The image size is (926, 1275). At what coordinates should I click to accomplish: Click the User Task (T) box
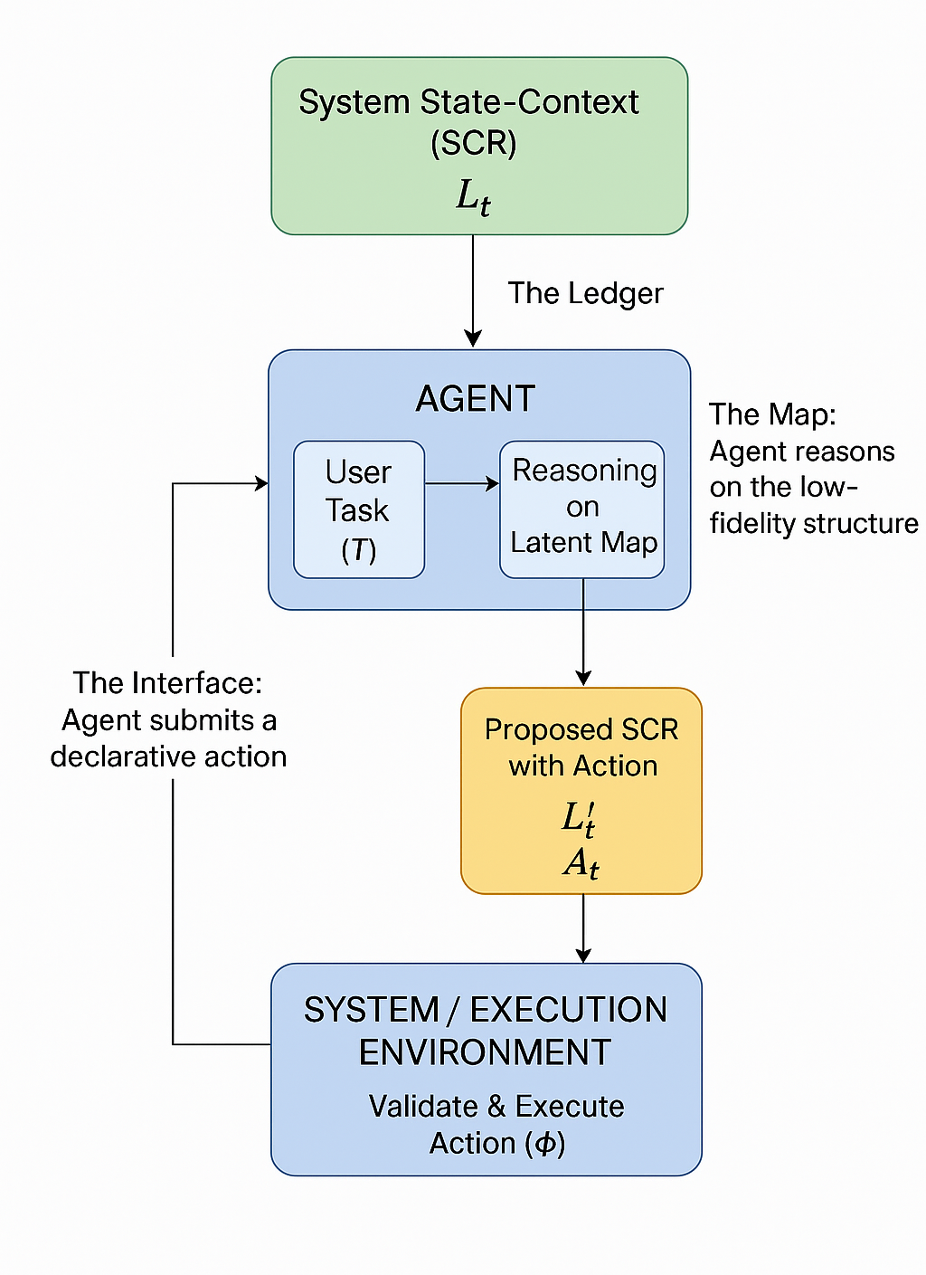click(x=359, y=509)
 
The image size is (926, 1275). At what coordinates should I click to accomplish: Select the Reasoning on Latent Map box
click(x=582, y=509)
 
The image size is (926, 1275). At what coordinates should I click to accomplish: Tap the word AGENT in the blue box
click(x=476, y=399)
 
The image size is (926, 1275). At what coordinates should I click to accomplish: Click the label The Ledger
click(x=585, y=293)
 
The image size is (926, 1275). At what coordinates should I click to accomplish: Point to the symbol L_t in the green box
click(x=473, y=196)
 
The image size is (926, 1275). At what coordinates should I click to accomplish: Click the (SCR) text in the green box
click(x=473, y=143)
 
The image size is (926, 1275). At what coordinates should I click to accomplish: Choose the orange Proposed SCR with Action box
click(x=581, y=790)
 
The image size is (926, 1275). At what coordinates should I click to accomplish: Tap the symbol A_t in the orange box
click(x=581, y=863)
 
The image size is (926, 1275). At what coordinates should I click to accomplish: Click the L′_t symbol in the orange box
click(x=579, y=819)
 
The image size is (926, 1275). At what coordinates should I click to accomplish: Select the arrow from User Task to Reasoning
click(x=462, y=484)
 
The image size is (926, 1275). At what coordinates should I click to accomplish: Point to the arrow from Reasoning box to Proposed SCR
click(x=583, y=633)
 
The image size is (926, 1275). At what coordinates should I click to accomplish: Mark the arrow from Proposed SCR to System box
click(x=583, y=928)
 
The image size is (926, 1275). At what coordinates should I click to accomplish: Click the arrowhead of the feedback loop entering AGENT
click(x=262, y=484)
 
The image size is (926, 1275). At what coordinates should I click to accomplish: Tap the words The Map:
click(x=772, y=414)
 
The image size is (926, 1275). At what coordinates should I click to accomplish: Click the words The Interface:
click(x=167, y=682)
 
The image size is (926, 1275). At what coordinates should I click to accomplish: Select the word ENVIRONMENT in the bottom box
click(x=486, y=1052)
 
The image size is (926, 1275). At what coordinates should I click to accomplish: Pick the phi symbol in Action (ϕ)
click(x=545, y=1144)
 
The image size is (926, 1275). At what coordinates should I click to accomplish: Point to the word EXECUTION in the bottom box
click(x=569, y=1010)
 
